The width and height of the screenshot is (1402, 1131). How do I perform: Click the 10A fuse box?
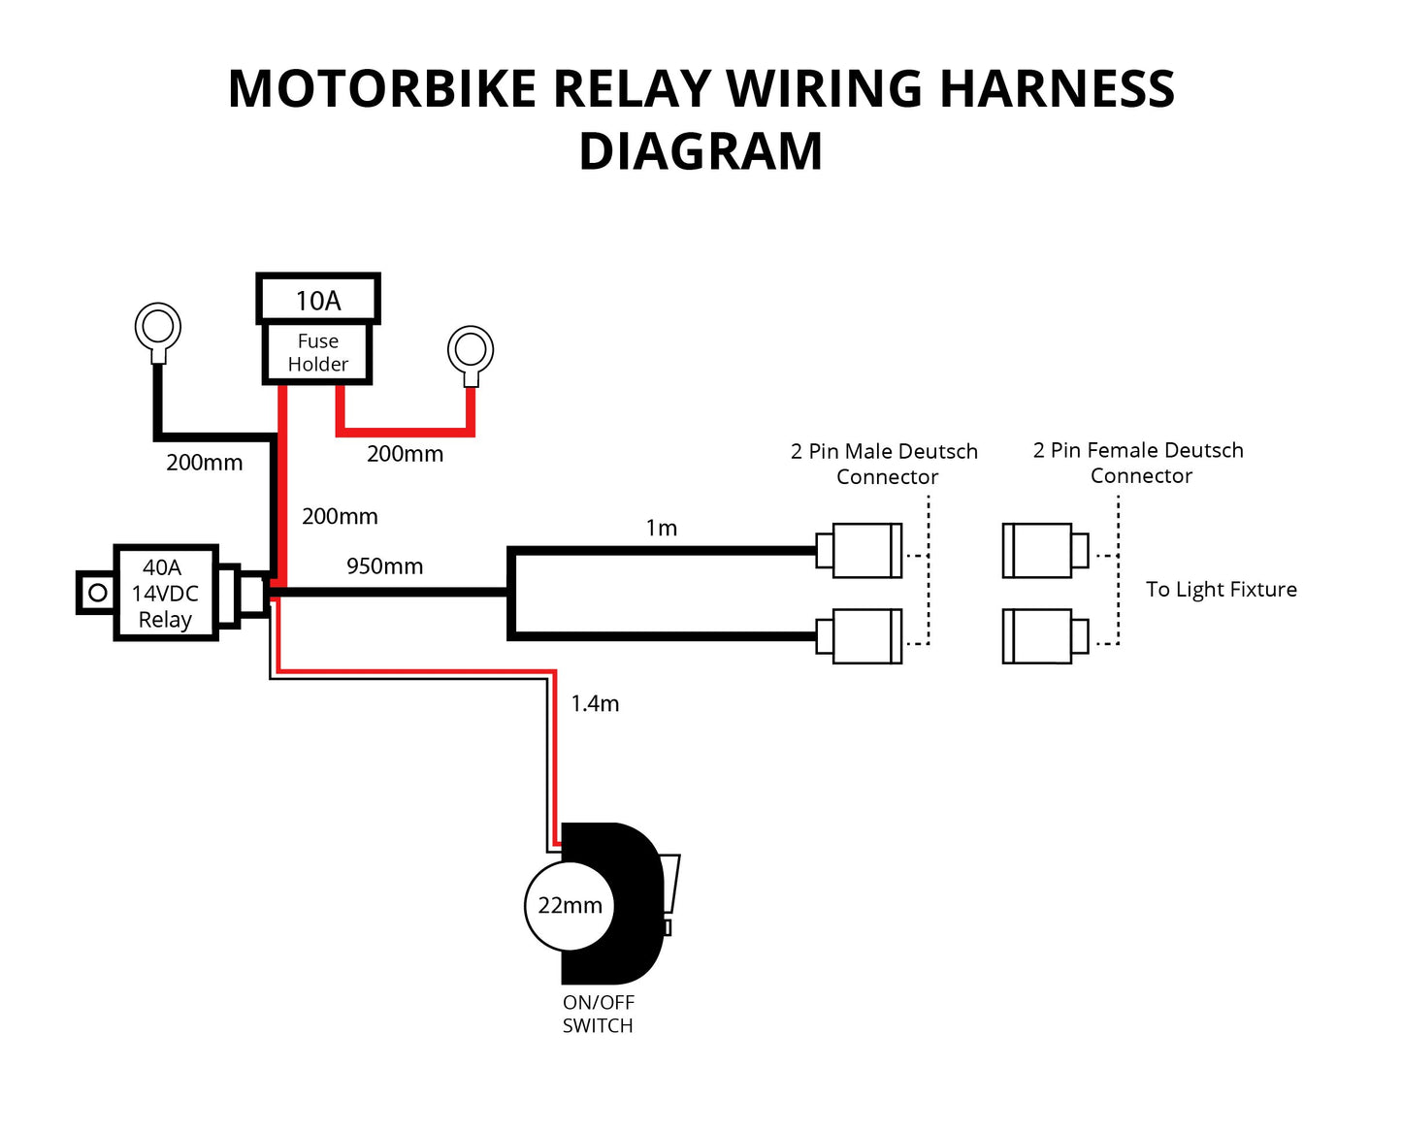tap(317, 300)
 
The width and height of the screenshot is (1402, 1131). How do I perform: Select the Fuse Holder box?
tap(317, 353)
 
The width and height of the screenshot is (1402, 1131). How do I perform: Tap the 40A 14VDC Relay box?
tap(165, 593)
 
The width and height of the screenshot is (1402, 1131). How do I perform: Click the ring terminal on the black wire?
tap(157, 327)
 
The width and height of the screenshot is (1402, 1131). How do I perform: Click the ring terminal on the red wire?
tap(471, 349)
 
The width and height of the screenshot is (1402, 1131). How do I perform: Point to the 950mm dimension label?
tap(384, 566)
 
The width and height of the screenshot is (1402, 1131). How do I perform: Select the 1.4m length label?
tap(595, 704)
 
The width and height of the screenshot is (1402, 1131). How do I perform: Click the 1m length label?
tap(661, 529)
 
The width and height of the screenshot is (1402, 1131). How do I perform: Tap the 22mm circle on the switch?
tap(570, 905)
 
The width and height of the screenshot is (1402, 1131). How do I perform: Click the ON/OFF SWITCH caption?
tap(598, 1015)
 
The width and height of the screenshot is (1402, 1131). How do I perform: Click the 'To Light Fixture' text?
tap(1221, 590)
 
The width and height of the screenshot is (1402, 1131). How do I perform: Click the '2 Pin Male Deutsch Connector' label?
tap(885, 464)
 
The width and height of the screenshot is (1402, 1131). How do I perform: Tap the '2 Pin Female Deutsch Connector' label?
tap(1139, 463)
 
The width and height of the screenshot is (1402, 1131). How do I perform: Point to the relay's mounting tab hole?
tap(97, 592)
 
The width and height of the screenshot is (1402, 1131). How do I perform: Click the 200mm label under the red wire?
tap(405, 454)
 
